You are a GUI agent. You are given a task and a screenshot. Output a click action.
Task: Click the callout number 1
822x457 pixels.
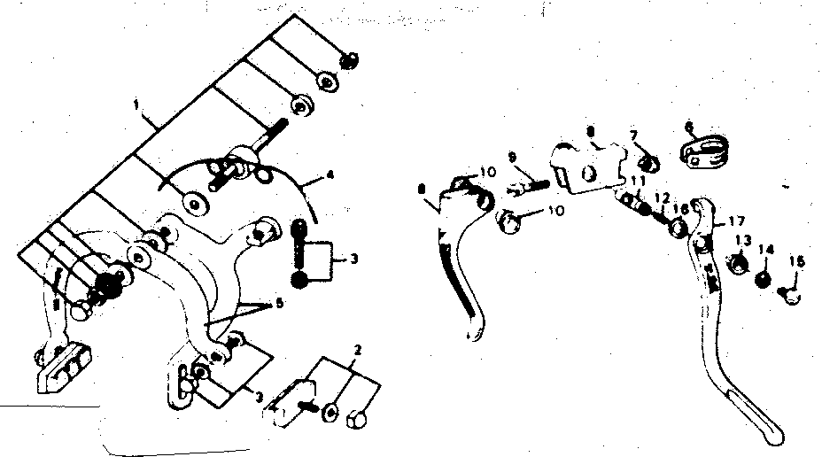pos(136,105)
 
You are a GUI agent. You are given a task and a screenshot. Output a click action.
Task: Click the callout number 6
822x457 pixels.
pos(689,127)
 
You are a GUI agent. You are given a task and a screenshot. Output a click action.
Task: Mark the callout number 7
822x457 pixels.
pos(633,135)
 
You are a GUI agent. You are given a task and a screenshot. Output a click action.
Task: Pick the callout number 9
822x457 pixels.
pos(513,157)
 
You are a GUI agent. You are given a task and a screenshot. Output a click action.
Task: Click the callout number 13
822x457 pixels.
pos(742,239)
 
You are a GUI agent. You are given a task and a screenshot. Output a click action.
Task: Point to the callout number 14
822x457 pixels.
pos(765,251)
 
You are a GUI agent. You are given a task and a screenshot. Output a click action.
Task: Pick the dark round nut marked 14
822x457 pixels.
pos(760,279)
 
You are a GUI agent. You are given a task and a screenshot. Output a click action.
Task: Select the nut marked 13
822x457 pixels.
pos(734,265)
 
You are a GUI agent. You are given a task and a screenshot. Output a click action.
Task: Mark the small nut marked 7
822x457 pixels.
pos(649,163)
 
